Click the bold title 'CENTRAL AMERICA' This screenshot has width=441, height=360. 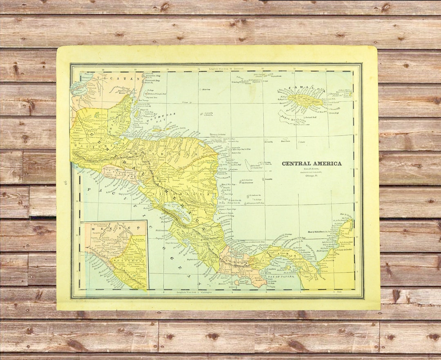[x=312, y=164]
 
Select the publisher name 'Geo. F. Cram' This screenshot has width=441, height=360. [x=312, y=169]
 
